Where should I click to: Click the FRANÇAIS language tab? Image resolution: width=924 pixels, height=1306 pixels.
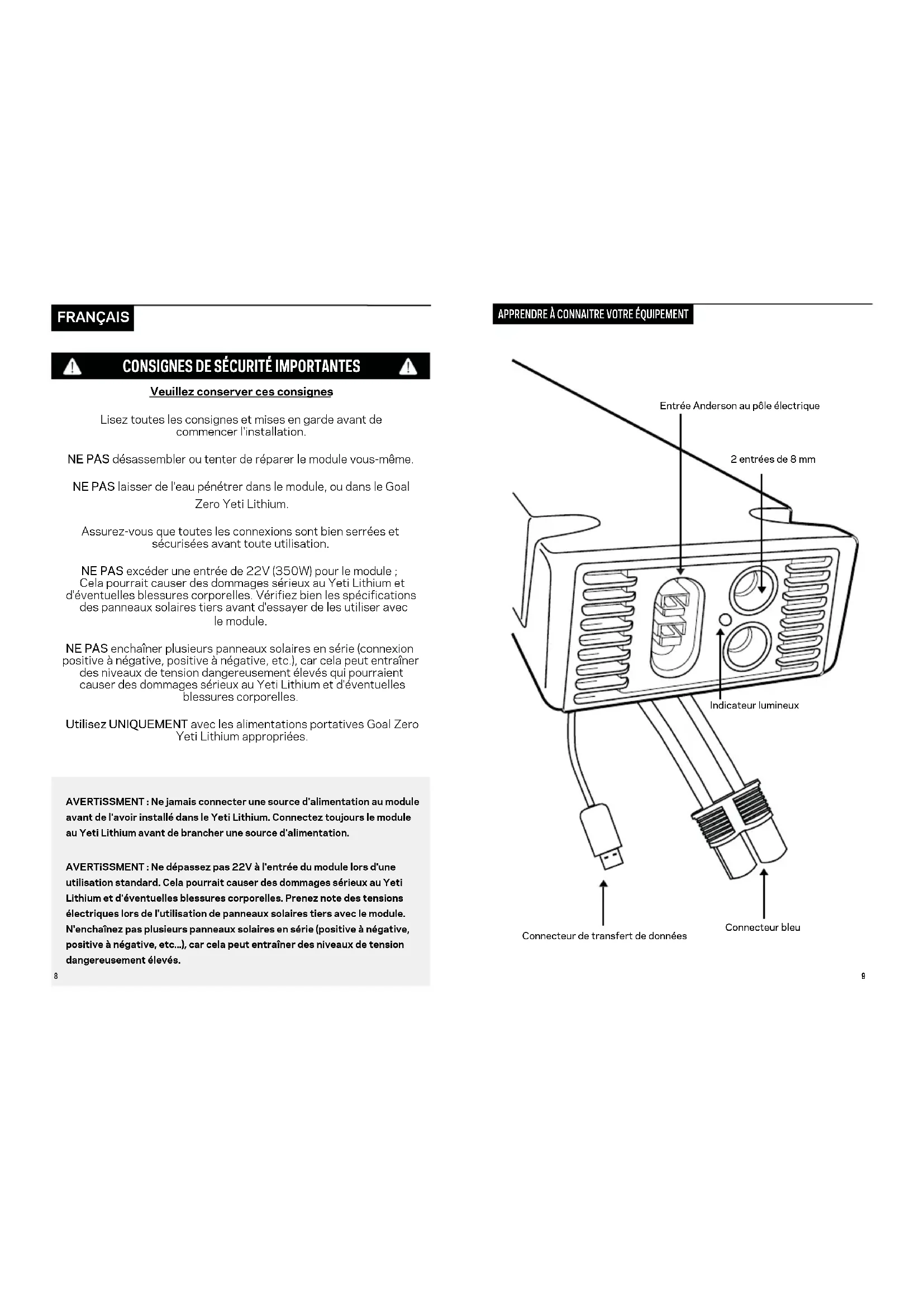93,317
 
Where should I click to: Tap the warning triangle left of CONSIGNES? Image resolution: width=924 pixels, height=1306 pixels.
72,367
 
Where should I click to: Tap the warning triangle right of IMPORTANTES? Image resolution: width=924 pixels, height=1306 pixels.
407,367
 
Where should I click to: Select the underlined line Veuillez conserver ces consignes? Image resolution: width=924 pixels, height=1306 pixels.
241,392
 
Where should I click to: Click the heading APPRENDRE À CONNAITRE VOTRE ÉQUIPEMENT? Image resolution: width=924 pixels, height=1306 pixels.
593,314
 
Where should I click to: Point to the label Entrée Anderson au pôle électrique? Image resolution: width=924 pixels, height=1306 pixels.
739,406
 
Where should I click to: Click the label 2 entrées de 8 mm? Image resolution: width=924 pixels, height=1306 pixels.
773,460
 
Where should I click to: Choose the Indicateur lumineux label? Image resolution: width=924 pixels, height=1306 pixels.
754,705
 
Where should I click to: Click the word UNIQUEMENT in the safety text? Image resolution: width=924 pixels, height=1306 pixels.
148,725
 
